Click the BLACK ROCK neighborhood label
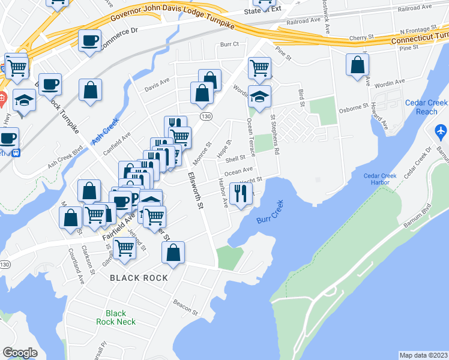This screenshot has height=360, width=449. coord(139,278)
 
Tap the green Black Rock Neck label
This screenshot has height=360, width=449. coord(116,317)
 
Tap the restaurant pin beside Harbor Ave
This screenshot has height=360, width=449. coord(241,193)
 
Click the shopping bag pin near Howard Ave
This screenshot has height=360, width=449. coord(358,65)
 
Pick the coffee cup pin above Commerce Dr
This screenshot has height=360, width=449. coord(89,41)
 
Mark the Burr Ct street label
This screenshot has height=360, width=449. coord(229,44)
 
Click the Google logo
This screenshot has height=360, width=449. coord(20,353)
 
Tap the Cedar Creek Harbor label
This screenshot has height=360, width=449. coord(380,179)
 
